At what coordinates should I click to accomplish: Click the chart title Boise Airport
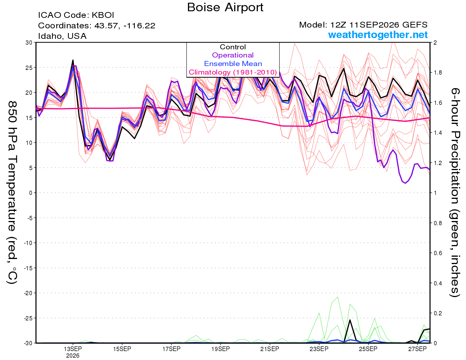225,7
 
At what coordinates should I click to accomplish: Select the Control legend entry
233,47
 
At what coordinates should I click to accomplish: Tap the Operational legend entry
233,55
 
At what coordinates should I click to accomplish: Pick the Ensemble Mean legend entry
233,63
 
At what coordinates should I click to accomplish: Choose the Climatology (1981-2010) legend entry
233,72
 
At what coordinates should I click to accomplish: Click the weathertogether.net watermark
378,35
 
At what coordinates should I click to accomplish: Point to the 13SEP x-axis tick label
73,349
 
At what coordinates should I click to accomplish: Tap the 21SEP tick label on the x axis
270,349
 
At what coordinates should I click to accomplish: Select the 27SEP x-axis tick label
417,349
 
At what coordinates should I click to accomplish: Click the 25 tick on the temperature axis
29,68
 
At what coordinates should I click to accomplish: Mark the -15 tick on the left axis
28,268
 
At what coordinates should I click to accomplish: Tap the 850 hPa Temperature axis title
12,193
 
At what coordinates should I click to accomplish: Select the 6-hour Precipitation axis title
454,193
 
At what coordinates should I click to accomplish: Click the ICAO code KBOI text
76,15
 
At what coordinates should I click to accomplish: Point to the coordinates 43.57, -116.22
125,26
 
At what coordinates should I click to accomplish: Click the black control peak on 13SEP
73,60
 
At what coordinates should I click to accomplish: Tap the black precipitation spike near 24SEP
350,320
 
